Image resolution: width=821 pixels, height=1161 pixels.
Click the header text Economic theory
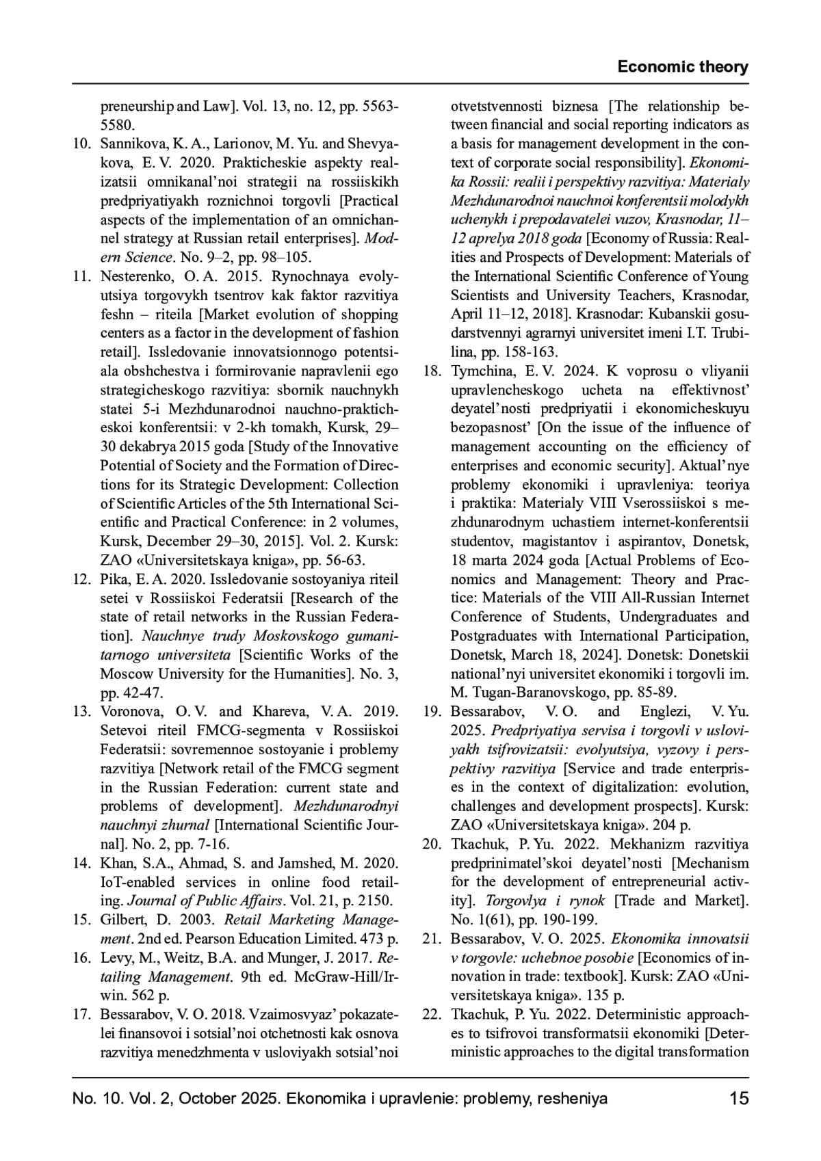pyautogui.click(x=682, y=67)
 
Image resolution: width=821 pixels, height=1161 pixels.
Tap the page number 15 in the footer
pyautogui.click(x=739, y=1099)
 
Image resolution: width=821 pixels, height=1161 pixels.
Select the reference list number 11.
pyautogui.click(x=82, y=277)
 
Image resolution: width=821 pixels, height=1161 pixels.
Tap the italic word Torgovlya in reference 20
pyautogui.click(x=514, y=900)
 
